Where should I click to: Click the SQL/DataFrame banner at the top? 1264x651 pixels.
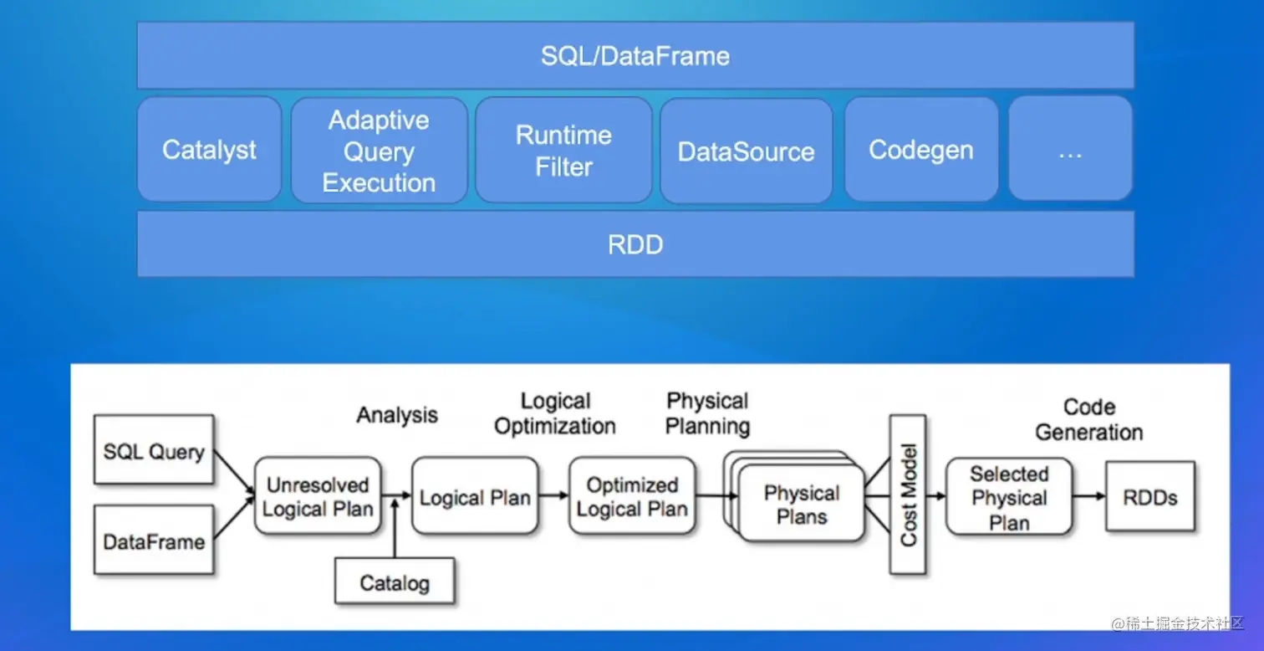point(635,55)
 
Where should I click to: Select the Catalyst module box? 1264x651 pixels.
point(209,150)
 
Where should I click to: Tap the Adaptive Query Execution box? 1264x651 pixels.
point(379,151)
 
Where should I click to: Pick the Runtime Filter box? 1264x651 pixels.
point(563,151)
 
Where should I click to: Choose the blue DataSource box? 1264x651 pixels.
point(746,151)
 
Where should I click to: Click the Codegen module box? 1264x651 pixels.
point(921,150)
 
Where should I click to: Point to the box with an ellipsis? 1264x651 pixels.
point(1070,150)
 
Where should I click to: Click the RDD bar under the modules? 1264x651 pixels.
point(635,244)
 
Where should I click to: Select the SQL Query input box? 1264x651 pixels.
point(154,451)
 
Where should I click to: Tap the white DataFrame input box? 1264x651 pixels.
point(154,541)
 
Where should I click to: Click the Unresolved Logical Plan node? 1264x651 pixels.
point(318,496)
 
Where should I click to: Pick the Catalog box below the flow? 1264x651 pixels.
point(395,582)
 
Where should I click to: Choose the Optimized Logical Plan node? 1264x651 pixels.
point(632,496)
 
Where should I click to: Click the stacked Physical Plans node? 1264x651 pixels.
point(801,505)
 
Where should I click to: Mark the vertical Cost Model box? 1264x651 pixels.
point(908,495)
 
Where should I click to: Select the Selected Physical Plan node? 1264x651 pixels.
point(1009,497)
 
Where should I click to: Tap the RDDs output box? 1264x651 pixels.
point(1150,496)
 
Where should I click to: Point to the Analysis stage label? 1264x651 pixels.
point(397,415)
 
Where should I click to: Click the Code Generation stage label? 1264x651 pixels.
point(1089,420)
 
